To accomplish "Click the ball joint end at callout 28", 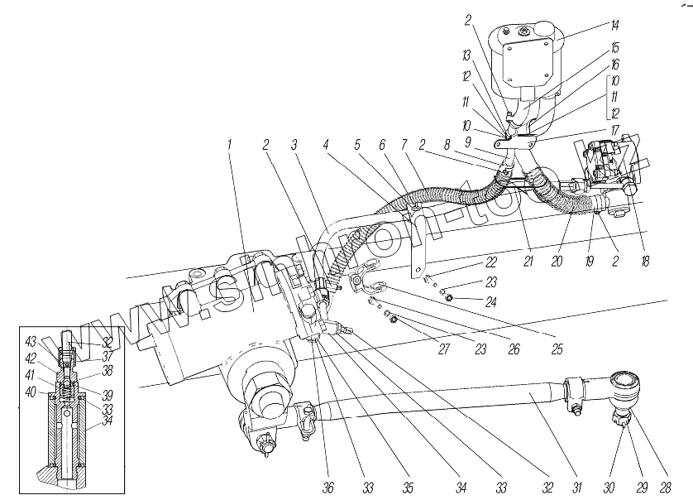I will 625,385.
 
